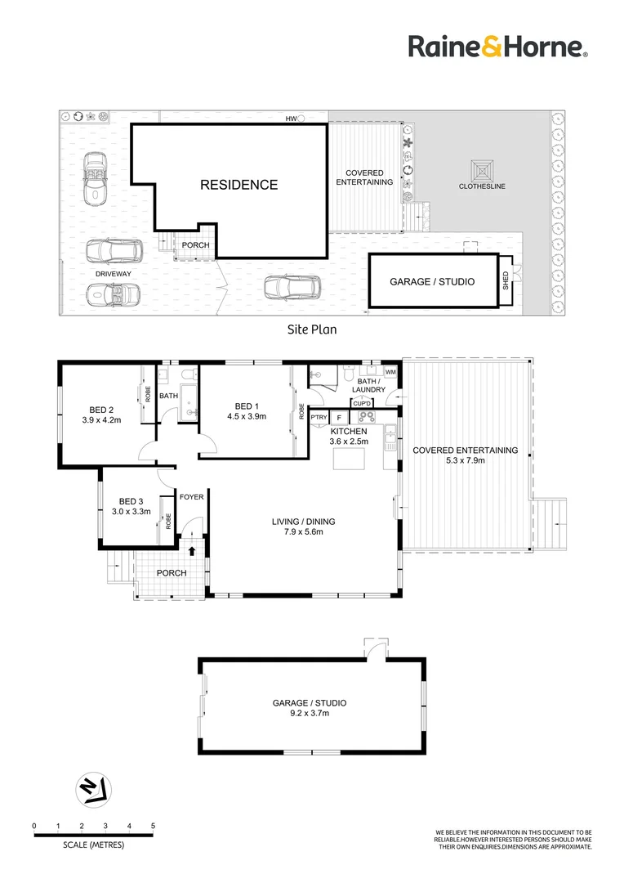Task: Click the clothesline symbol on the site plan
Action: pyautogui.click(x=482, y=171)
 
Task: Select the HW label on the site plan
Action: pyautogui.click(x=290, y=119)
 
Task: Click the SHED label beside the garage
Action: pyautogui.click(x=506, y=281)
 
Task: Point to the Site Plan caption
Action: pyautogui.click(x=311, y=330)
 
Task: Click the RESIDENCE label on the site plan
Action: pyautogui.click(x=238, y=185)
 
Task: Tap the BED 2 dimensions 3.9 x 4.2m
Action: pyautogui.click(x=101, y=421)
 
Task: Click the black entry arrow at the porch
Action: pyautogui.click(x=192, y=552)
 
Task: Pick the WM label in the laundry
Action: pyautogui.click(x=390, y=373)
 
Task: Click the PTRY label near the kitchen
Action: pyautogui.click(x=319, y=418)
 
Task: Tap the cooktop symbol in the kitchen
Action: pyautogui.click(x=368, y=416)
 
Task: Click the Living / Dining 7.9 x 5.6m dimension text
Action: pyautogui.click(x=304, y=532)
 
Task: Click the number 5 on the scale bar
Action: pyautogui.click(x=153, y=827)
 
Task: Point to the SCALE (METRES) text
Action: pyautogui.click(x=94, y=845)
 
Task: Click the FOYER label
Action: pyautogui.click(x=191, y=495)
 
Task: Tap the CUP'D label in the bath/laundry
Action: pyautogui.click(x=363, y=403)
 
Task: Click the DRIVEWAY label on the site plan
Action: pyautogui.click(x=113, y=273)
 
